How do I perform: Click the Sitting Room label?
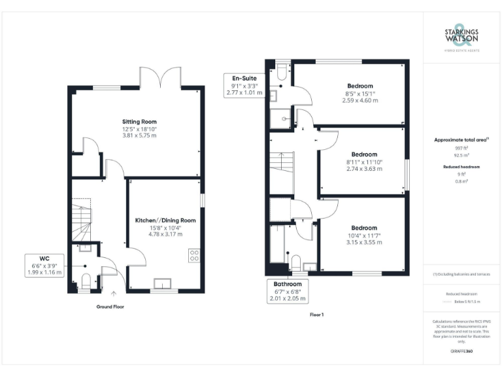pyautogui.click(x=139, y=122)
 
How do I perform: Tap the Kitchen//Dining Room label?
pyautogui.click(x=165, y=221)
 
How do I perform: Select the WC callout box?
pyautogui.click(x=44, y=264)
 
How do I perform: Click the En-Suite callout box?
pyautogui.click(x=243, y=86)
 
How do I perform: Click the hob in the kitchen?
pyautogui.click(x=194, y=255)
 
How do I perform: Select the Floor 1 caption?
pyautogui.click(x=316, y=314)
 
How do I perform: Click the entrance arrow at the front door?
pyautogui.click(x=115, y=295)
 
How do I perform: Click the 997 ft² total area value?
pyautogui.click(x=462, y=149)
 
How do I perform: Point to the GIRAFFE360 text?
pyautogui.click(x=462, y=351)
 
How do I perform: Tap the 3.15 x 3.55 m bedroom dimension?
pyautogui.click(x=364, y=242)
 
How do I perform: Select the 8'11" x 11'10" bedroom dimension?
pyautogui.click(x=364, y=162)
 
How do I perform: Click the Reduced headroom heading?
pyautogui.click(x=462, y=168)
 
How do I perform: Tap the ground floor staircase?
pyautogui.click(x=82, y=223)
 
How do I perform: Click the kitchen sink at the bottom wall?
pyautogui.click(x=161, y=283)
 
